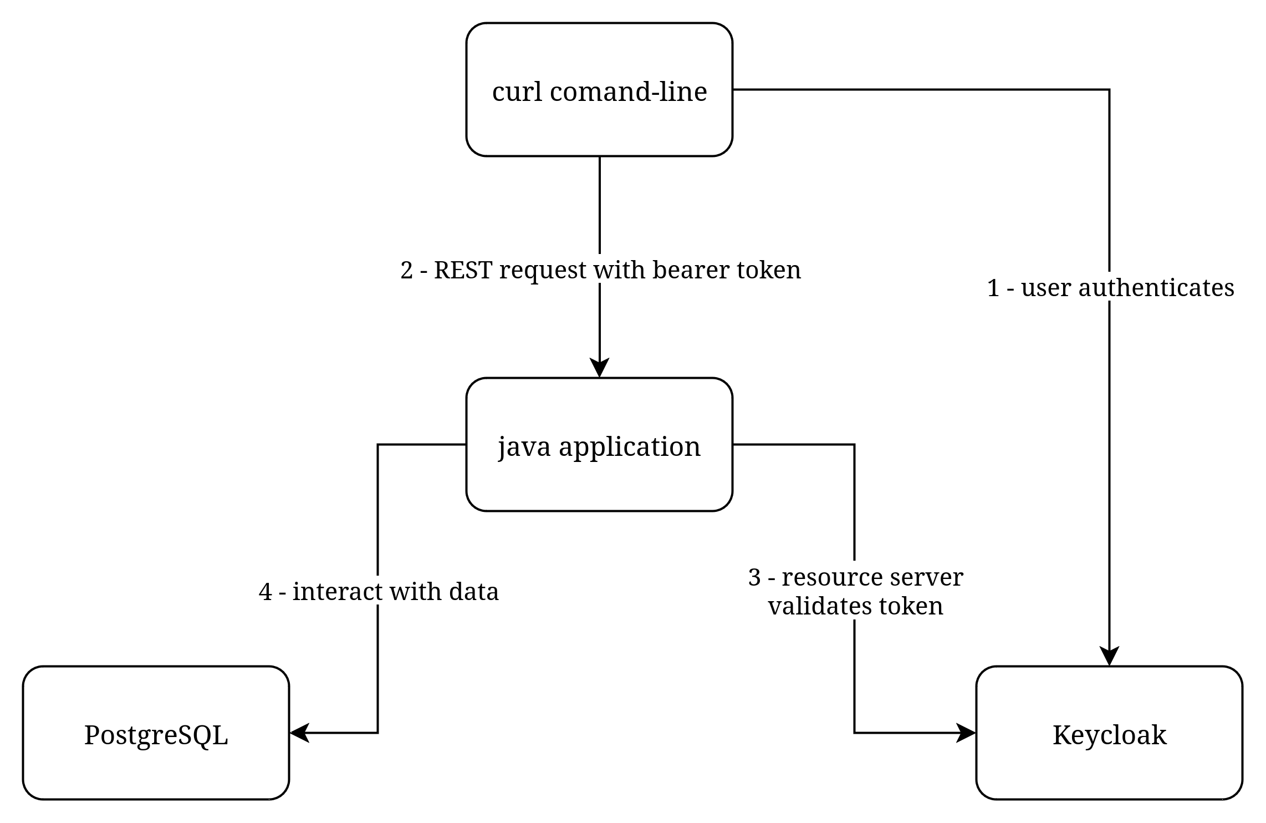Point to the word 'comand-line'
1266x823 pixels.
point(628,92)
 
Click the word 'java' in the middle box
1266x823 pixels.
point(524,447)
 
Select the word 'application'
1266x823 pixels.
point(630,447)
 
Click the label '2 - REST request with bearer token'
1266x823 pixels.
point(601,270)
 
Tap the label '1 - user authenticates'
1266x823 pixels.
point(1111,287)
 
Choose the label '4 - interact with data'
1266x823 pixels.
point(379,591)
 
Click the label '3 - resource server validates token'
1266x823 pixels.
point(856,591)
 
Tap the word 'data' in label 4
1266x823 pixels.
point(474,591)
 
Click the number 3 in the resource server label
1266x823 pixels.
point(755,577)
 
